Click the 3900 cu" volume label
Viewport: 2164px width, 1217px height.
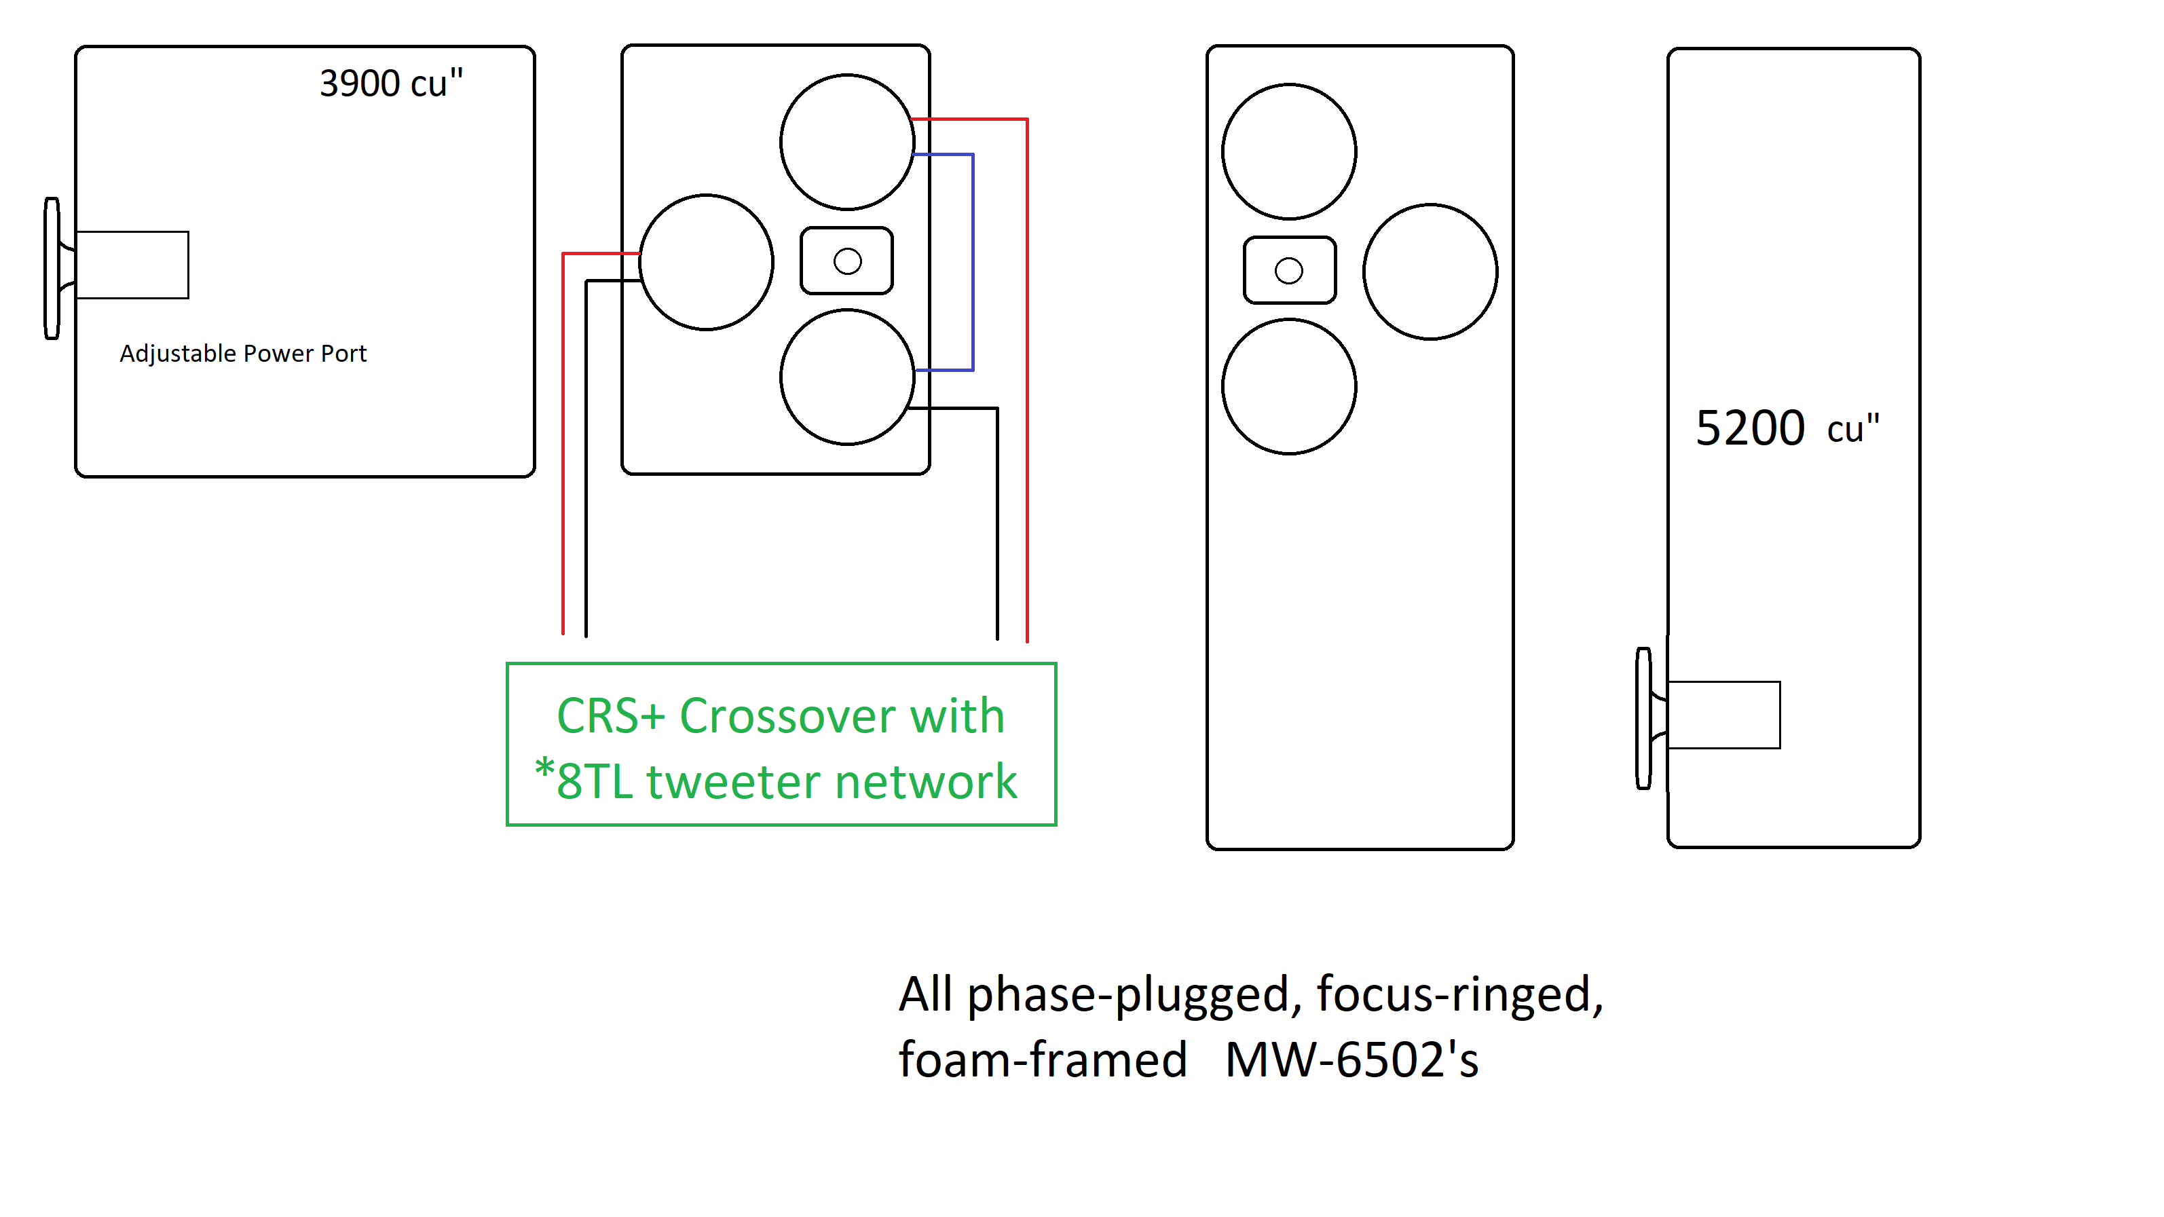point(390,83)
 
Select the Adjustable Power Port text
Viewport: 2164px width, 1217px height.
point(243,354)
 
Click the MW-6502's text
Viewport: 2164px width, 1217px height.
point(1351,1060)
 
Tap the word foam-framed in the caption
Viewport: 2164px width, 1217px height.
point(1043,1060)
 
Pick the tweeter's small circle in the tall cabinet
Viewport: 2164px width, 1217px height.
point(1288,270)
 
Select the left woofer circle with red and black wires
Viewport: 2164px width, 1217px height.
point(706,262)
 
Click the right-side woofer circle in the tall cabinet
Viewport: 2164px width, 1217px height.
point(1430,272)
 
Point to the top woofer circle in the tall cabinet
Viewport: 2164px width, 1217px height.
point(1288,151)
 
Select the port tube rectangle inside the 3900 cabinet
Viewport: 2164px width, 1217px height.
point(132,265)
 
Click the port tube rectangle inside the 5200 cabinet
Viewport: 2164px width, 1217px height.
point(1724,715)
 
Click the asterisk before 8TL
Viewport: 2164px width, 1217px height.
point(544,768)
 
